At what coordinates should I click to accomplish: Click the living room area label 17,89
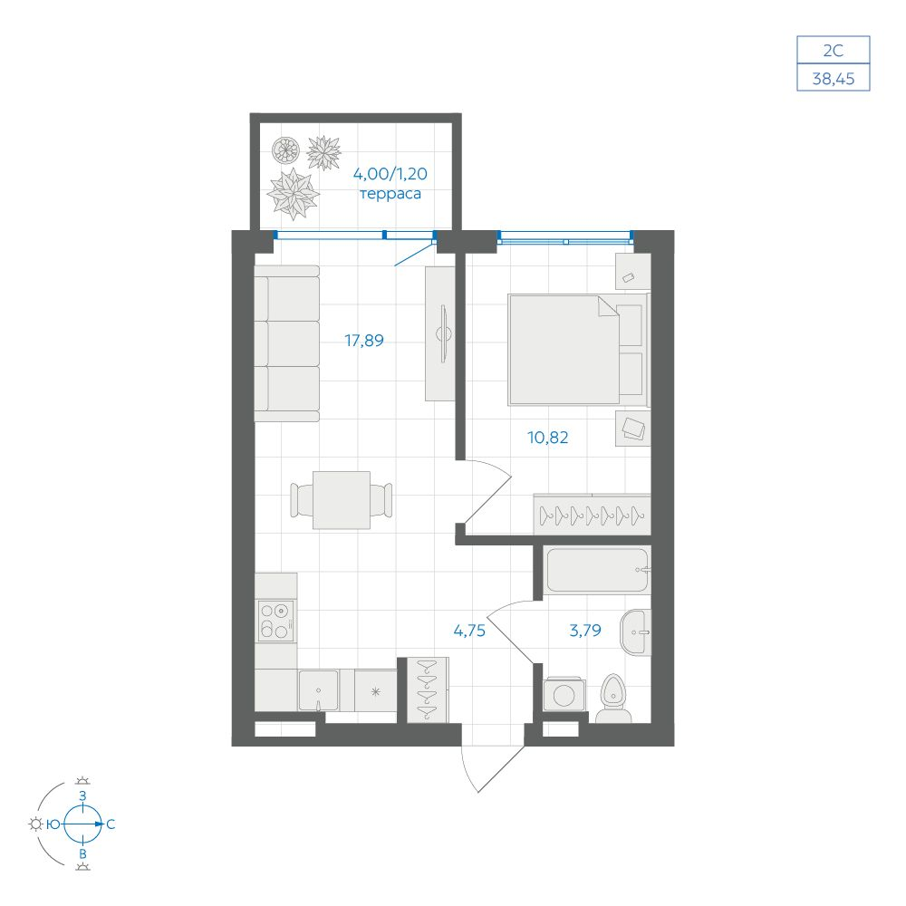click(364, 341)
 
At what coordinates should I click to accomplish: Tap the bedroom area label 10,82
click(548, 438)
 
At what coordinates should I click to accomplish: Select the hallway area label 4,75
click(469, 631)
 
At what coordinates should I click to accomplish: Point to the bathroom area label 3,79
click(585, 630)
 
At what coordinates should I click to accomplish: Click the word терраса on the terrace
click(390, 194)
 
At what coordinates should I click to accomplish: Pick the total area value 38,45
click(834, 78)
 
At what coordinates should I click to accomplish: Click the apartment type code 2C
click(834, 50)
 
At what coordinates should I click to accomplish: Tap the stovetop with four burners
click(276, 621)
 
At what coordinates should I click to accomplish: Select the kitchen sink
click(318, 690)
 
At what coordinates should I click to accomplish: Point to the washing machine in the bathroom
click(564, 694)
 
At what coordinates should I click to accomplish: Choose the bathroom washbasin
click(635, 632)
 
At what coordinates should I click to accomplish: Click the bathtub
click(597, 570)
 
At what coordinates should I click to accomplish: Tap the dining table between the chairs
click(342, 500)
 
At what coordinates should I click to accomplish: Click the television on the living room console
click(444, 334)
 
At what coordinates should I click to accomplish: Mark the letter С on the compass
click(111, 824)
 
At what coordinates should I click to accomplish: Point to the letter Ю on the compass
click(53, 824)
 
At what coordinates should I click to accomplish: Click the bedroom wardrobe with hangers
click(592, 515)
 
